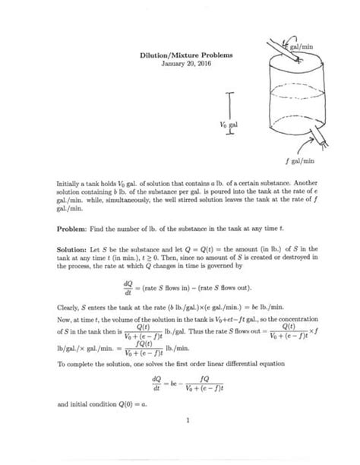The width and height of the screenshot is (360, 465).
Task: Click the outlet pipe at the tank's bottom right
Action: pos(300,138)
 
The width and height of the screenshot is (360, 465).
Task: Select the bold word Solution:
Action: pos(74,248)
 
